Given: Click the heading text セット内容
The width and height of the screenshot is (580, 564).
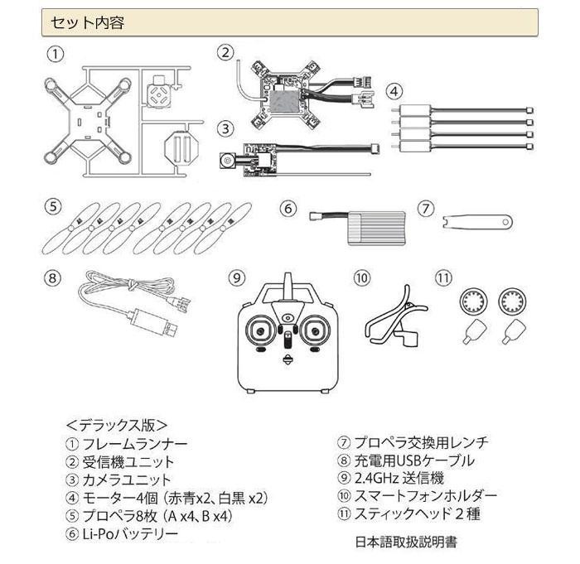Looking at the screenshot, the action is (x=87, y=23).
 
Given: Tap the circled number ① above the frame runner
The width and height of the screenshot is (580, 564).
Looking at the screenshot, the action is (x=56, y=54).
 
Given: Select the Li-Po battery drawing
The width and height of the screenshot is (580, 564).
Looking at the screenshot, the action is (x=358, y=227).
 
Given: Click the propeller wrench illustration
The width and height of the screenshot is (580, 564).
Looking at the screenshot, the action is (x=477, y=222).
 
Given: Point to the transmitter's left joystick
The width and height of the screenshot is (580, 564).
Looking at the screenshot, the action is (x=260, y=330).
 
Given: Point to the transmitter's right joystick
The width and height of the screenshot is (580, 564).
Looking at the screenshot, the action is (x=315, y=330).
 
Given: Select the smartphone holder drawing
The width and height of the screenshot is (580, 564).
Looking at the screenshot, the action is (x=396, y=316).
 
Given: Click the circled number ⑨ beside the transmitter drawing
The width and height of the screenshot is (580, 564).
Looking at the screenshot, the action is (x=237, y=277).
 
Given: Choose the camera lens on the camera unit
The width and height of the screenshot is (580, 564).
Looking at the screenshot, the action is (x=228, y=161).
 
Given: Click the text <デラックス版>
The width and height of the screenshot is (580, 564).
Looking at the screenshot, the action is (x=117, y=426).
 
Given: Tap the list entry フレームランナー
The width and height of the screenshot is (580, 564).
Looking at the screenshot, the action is (x=135, y=443).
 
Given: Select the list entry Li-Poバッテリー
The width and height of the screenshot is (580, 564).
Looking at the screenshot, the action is (x=130, y=533).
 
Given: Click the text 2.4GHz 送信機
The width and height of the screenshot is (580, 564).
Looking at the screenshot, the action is (x=399, y=478).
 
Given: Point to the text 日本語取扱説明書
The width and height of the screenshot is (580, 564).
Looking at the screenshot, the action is (x=406, y=542).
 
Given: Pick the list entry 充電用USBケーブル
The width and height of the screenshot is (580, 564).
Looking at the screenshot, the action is (x=414, y=460).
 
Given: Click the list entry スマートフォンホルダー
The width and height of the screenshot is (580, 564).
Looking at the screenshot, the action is (x=425, y=495).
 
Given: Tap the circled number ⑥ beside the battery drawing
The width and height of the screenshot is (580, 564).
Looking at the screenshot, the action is (x=288, y=209).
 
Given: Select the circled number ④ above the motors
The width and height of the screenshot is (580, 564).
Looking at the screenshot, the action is (x=394, y=91).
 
